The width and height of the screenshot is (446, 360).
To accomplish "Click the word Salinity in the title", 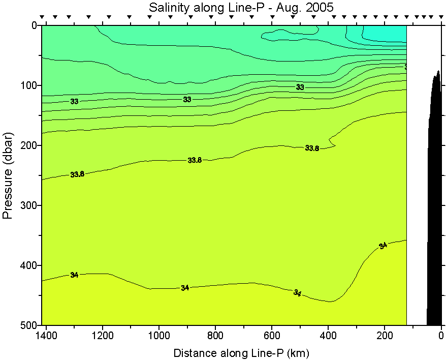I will [166, 8].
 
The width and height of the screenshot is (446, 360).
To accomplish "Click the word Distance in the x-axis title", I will [193, 353].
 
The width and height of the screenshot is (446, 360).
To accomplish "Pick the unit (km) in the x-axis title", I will [298, 353].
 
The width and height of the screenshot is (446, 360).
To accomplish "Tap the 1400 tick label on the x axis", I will [46, 336].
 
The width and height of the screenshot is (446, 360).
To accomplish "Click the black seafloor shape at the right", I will [434, 203].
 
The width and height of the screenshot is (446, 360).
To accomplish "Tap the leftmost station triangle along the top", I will [43, 18].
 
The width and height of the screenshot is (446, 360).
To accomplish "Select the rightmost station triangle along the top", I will [438, 18].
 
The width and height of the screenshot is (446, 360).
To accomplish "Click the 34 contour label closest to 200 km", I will [383, 246].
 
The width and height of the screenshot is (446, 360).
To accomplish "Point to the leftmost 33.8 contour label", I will [77, 174].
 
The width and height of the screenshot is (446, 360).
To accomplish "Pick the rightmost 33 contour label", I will [300, 87].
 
